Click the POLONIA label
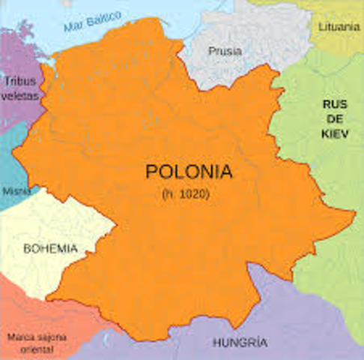188,172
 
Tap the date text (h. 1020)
185,194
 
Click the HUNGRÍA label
240,342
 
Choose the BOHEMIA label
50,247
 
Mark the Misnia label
16,191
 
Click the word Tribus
20,81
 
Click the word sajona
52,337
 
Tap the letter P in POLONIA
151,172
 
